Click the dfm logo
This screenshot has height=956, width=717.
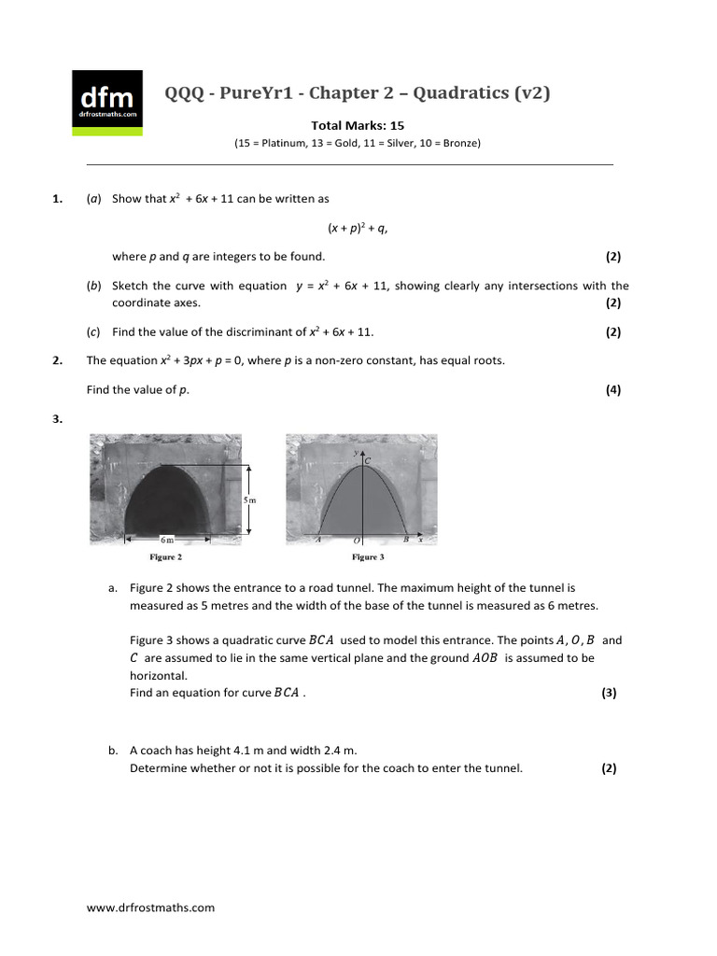[x=107, y=102]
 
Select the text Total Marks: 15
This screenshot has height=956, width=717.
[x=358, y=125]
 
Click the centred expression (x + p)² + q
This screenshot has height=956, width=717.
[x=357, y=227]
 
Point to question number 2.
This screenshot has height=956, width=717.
[x=58, y=360]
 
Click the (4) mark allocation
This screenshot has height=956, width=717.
[x=612, y=390]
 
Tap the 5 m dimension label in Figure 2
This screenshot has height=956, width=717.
[x=249, y=500]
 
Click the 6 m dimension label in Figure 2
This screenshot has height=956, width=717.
[x=167, y=540]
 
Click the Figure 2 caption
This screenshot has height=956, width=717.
[x=166, y=557]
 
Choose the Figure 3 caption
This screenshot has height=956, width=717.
[x=366, y=557]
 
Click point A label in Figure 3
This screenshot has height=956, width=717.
[x=319, y=540]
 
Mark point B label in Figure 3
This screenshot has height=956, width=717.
[x=405, y=540]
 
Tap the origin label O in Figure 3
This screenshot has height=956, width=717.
[x=357, y=540]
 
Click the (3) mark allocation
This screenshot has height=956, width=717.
[x=609, y=693]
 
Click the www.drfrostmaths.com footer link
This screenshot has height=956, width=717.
[x=150, y=907]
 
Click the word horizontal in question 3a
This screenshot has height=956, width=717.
[x=159, y=675]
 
